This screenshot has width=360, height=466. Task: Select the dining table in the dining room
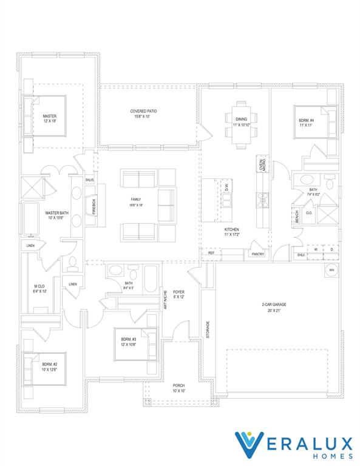[x=242, y=125]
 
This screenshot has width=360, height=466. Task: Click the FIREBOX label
[x=94, y=205]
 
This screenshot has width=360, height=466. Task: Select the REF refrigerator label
[x=211, y=253]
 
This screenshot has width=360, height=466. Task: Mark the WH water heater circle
[x=332, y=271]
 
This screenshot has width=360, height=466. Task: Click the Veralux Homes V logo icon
[x=250, y=445]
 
